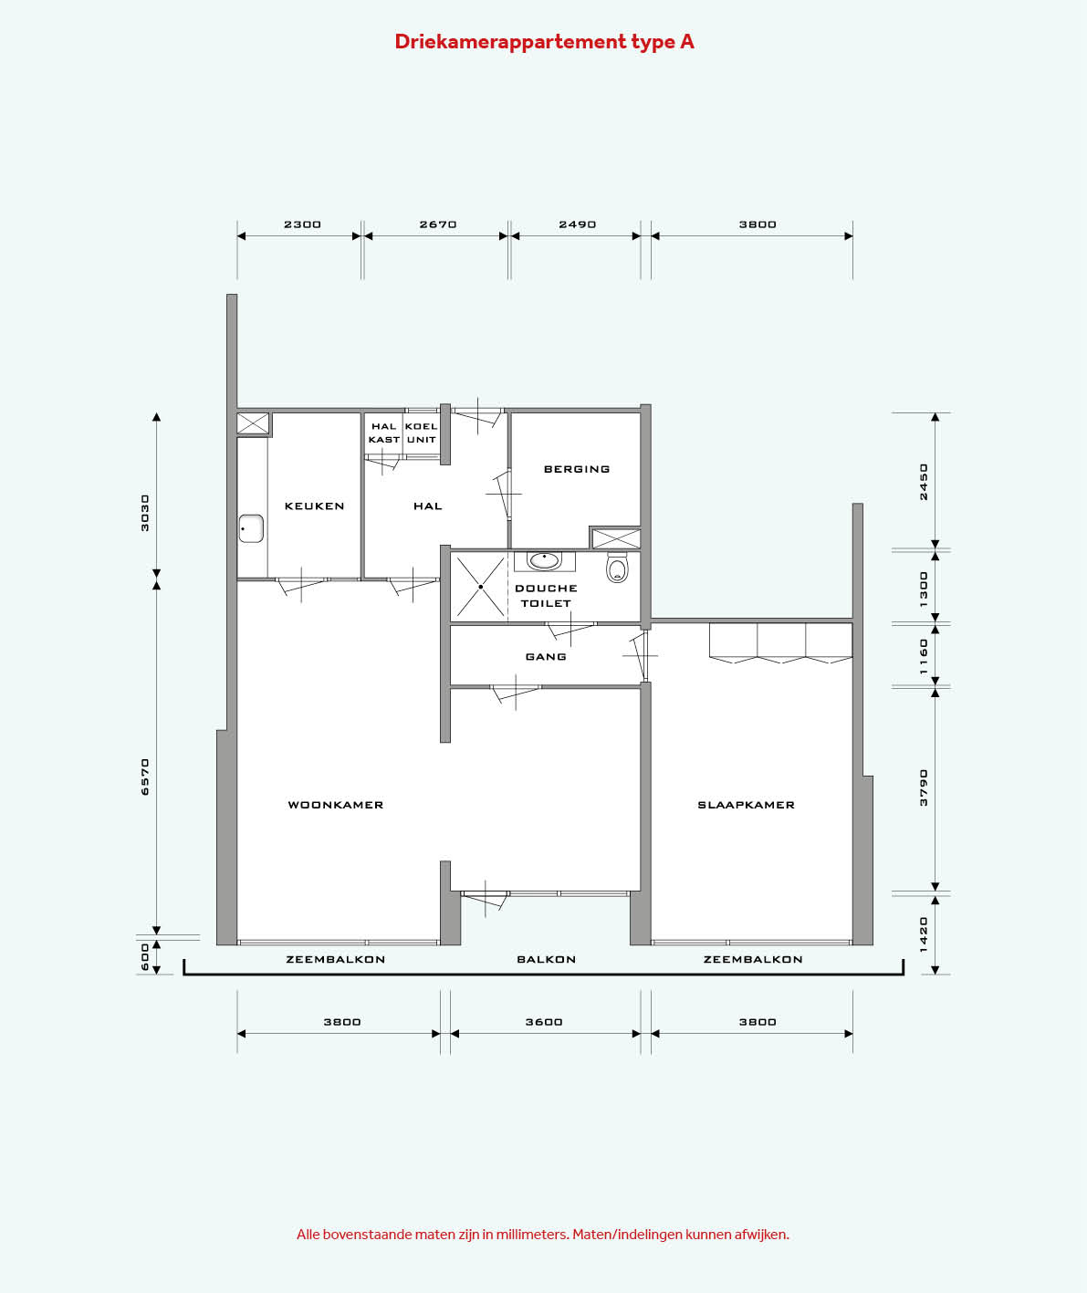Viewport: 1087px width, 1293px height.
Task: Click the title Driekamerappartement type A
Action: click(545, 42)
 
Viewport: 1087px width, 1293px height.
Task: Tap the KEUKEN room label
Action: click(314, 506)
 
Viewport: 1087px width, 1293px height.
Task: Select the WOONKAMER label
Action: click(336, 805)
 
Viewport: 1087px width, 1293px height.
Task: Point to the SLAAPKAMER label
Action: click(746, 805)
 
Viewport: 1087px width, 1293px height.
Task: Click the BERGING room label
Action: click(577, 469)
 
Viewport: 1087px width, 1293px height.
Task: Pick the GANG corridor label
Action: click(546, 657)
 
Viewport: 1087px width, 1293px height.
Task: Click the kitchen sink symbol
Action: click(252, 529)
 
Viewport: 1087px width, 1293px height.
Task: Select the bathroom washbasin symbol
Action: click(545, 561)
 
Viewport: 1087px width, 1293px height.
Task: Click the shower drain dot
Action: click(481, 587)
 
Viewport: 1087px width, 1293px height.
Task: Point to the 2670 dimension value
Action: click(438, 224)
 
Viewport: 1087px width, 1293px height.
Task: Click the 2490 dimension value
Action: click(577, 224)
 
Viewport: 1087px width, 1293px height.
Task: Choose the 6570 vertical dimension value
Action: click(145, 777)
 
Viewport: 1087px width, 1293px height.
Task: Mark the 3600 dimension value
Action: click(544, 1022)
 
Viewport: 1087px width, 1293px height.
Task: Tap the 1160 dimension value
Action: click(924, 657)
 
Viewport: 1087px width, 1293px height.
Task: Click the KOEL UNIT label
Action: click(421, 433)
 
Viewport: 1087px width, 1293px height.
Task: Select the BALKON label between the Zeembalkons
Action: click(547, 960)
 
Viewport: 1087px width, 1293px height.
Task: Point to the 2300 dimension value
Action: click(302, 224)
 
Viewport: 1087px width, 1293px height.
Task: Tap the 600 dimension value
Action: click(145, 957)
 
